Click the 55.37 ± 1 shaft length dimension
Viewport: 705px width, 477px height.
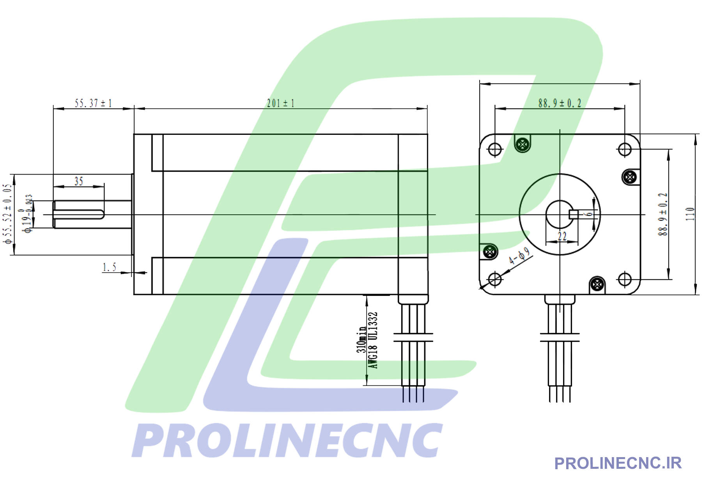tap(93, 103)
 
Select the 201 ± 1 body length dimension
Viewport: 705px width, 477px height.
tap(280, 103)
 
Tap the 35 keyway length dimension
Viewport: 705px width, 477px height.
tap(79, 181)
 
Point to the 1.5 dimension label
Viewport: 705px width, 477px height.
tap(109, 267)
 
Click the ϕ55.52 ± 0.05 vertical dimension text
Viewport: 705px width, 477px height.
tap(7, 214)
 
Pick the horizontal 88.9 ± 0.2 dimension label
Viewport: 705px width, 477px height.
tap(560, 103)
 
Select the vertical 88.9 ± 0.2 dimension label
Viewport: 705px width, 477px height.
tap(663, 214)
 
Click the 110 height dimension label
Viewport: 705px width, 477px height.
tap(690, 214)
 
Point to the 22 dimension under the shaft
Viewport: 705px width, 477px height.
tap(562, 236)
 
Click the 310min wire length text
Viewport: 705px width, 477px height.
tap(361, 339)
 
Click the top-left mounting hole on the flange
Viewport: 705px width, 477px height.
tap(495, 149)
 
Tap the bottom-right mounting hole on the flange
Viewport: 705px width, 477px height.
tap(625, 279)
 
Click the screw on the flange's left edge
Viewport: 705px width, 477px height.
tap(490, 252)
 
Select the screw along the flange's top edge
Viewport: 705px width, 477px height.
tap(522, 145)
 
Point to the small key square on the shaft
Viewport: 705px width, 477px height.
tap(573, 214)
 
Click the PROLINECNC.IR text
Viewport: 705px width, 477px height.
tap(618, 463)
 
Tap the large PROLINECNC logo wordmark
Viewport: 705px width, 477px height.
tap(287, 441)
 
